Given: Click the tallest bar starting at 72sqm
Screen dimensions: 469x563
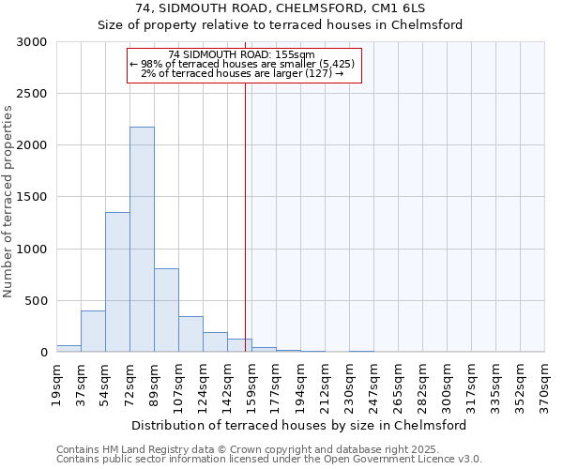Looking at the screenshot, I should pyautogui.click(x=142, y=239).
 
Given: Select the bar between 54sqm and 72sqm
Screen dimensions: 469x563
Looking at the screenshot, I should pyautogui.click(x=117, y=281).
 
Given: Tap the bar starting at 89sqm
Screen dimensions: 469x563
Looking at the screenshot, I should pyautogui.click(x=166, y=310).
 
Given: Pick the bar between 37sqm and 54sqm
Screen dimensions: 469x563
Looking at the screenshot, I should pyautogui.click(x=93, y=331).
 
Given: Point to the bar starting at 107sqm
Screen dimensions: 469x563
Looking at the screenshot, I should pyautogui.click(x=190, y=334).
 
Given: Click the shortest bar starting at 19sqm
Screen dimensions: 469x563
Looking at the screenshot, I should pyautogui.click(x=68, y=348).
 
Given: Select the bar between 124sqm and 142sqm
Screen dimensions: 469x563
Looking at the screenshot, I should pyautogui.click(x=215, y=342).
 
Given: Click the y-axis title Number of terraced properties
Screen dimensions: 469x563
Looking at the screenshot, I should pyautogui.click(x=8, y=201).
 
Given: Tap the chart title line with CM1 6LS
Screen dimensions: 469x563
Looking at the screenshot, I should pyautogui.click(x=281, y=8).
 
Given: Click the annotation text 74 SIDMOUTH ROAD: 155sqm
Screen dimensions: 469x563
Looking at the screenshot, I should pyautogui.click(x=242, y=55).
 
